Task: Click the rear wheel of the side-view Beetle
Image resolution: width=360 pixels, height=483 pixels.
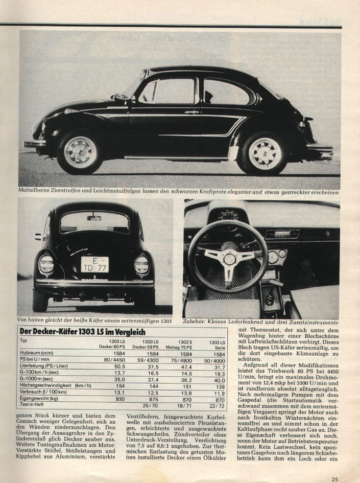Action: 265,153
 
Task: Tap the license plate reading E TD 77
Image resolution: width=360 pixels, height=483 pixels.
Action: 94,264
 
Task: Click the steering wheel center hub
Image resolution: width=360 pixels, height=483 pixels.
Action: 229,259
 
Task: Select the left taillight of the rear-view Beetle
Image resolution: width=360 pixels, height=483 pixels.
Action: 46,264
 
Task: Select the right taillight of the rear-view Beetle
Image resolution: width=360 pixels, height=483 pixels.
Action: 142,265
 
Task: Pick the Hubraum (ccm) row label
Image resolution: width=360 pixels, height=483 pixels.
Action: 37,353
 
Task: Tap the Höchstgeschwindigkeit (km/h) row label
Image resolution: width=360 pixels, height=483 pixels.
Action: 56,385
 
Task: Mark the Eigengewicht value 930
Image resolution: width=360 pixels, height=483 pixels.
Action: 119,399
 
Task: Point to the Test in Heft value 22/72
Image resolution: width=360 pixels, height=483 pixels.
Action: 218,405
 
